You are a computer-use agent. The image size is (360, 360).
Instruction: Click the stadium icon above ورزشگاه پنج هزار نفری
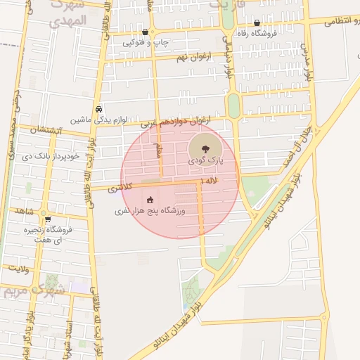click(x=149, y=199)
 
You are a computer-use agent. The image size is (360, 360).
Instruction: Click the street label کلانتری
click(x=120, y=188)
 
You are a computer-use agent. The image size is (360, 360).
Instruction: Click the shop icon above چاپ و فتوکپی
click(x=146, y=32)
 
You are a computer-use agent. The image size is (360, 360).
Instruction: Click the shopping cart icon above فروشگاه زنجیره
click(x=48, y=219)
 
